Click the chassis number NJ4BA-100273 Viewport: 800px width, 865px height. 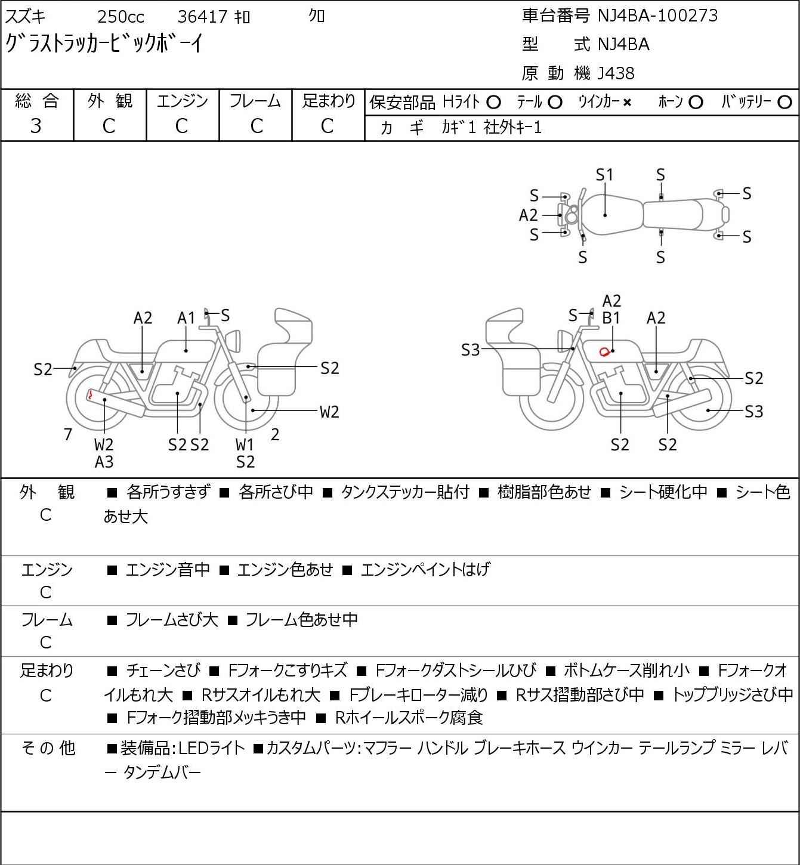[x=658, y=16]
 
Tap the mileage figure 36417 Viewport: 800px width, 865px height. [x=202, y=17]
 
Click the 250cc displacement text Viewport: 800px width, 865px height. [x=121, y=17]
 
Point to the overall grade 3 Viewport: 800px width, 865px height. [x=36, y=126]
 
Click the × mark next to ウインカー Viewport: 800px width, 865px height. [x=627, y=103]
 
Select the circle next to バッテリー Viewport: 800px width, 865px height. [x=785, y=103]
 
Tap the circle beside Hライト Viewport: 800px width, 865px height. [x=493, y=103]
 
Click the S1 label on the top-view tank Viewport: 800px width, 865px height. [x=604, y=175]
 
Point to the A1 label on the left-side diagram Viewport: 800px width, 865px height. [x=186, y=319]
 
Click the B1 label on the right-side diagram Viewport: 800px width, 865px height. [x=611, y=318]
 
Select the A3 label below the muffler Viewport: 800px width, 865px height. [x=104, y=462]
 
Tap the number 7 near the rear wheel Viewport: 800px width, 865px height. [x=68, y=435]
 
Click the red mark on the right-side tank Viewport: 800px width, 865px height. [x=604, y=351]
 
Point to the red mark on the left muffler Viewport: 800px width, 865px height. [x=90, y=394]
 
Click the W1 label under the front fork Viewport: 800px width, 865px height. [x=245, y=445]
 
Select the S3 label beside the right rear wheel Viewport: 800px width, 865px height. [x=753, y=412]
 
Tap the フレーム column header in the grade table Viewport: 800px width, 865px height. [x=255, y=101]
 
